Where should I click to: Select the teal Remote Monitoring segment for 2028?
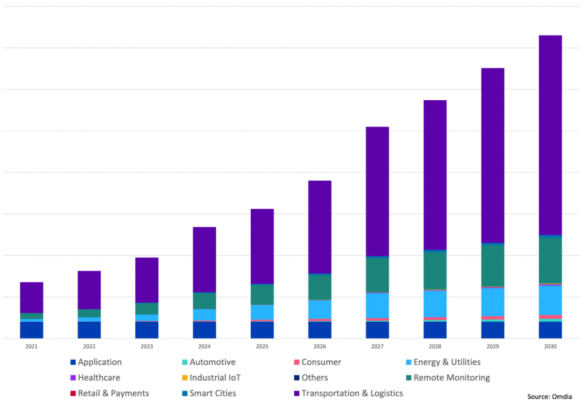[x=434, y=270]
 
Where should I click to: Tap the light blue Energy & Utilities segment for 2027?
[x=377, y=305]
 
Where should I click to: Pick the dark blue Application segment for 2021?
[x=31, y=330]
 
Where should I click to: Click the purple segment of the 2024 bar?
[x=204, y=259]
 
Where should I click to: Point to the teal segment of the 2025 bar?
[x=262, y=294]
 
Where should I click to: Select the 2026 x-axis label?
[x=319, y=346]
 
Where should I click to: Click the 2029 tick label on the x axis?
[x=492, y=346]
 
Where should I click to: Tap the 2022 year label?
[x=89, y=346]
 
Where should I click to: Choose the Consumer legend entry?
[x=321, y=362]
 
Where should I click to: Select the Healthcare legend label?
[x=99, y=378]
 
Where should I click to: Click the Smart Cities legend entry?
[x=213, y=393]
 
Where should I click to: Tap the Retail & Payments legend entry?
[x=113, y=393]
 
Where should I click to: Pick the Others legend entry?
[x=314, y=378]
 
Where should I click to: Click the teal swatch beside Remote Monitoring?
[x=408, y=378]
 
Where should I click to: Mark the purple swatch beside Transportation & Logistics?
[x=296, y=393]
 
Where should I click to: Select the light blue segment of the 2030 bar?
[x=550, y=300]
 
